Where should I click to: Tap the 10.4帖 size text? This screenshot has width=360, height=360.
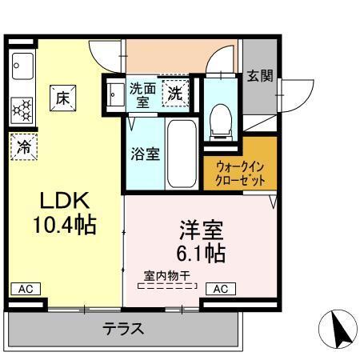63,226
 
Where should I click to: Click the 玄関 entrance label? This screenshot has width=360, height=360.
259,76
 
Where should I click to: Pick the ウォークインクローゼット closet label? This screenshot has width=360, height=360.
240,173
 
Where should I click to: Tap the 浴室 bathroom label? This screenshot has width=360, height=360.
145,152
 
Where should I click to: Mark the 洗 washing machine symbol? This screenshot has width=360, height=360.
174,93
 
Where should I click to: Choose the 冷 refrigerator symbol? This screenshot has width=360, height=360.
25,146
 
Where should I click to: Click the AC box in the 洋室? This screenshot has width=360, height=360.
220,288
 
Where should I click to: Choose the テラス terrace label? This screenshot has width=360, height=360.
122,327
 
